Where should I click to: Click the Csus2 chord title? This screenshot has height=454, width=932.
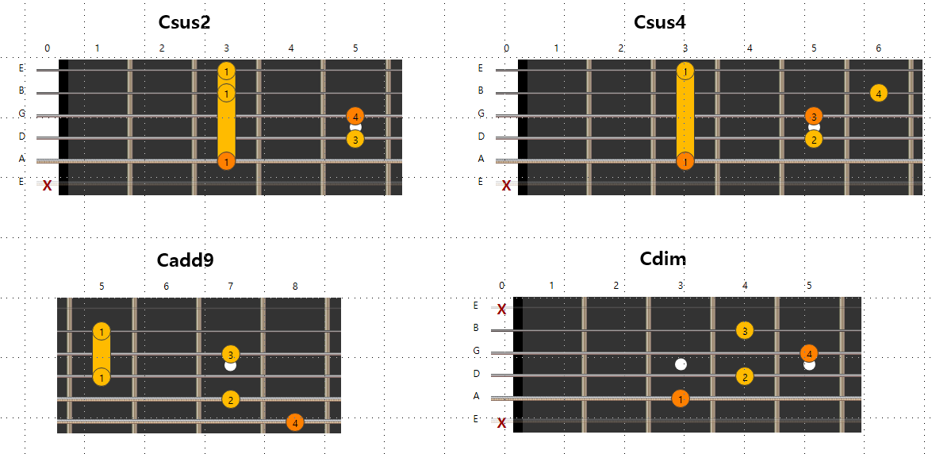(185, 22)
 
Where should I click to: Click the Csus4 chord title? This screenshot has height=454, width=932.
(659, 22)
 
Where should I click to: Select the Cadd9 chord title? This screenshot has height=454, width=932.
(185, 260)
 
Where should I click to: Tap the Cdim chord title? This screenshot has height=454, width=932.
(662, 259)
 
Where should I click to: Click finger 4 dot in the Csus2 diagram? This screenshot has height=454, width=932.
(355, 117)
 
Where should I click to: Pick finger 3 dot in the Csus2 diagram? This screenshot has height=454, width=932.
(355, 140)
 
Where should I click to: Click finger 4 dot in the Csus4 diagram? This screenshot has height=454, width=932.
(878, 93)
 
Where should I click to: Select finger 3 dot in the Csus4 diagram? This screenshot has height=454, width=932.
(813, 117)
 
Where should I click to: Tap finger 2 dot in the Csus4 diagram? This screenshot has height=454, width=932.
(813, 140)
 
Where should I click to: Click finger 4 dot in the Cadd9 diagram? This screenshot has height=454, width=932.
(295, 421)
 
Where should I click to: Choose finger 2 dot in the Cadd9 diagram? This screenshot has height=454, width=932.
(230, 398)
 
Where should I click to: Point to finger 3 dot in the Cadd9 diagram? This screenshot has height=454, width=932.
(230, 354)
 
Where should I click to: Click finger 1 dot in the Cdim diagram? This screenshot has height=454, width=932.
(680, 398)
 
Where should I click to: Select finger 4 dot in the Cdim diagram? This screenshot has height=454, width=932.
(809, 353)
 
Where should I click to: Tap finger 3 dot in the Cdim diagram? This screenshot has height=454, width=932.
(744, 330)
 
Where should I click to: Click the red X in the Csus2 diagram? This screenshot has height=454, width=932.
(48, 186)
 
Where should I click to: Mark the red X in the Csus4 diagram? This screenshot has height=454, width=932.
(507, 186)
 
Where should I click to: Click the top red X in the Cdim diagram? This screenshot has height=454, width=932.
(501, 309)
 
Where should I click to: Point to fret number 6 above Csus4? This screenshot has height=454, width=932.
(878, 48)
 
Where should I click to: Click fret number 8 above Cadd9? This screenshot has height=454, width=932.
(295, 286)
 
